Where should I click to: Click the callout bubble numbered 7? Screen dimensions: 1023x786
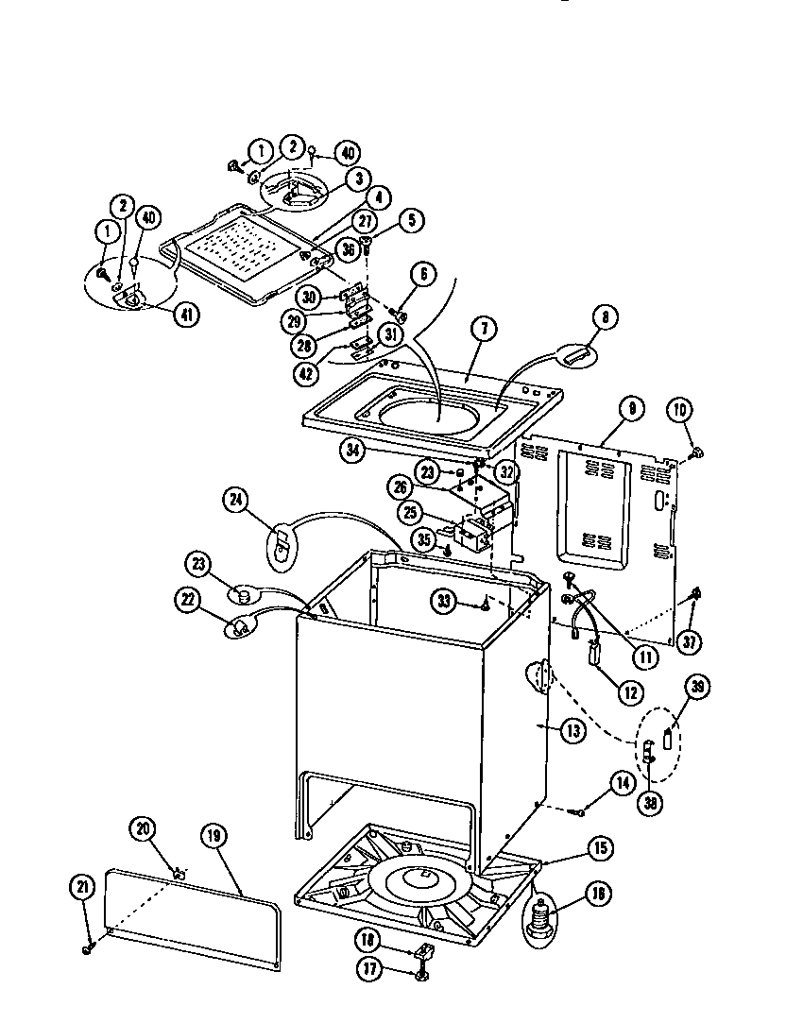[483, 330]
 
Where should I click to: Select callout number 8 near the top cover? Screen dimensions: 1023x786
[604, 318]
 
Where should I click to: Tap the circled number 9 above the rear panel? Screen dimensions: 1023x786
[631, 408]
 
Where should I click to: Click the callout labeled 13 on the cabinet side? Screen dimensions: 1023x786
[572, 729]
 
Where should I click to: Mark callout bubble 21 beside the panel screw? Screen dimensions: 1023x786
[82, 887]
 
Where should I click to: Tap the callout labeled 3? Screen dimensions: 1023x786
[329, 178]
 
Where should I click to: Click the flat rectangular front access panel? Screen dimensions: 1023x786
[194, 918]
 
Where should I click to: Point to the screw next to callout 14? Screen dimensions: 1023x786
[582, 810]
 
